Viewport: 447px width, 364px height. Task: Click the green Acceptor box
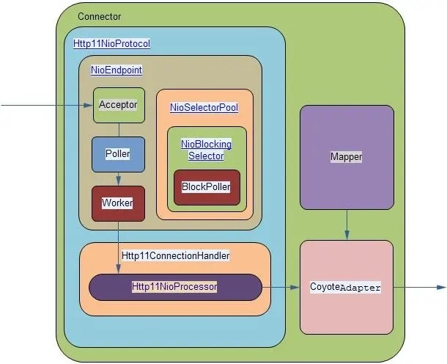118,105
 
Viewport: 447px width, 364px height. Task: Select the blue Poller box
118,154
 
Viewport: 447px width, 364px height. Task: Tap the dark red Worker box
118,203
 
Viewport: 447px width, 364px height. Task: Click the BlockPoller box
207,187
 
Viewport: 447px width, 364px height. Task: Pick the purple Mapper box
347,157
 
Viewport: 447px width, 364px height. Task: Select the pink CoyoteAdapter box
347,287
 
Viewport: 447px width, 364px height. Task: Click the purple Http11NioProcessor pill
175,287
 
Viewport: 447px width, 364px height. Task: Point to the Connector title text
99,16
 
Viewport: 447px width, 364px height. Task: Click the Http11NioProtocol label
111,43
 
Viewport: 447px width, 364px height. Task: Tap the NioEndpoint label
116,70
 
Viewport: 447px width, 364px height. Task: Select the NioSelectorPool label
204,107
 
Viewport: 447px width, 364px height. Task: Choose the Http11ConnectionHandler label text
176,256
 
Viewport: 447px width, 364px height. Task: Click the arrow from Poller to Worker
118,179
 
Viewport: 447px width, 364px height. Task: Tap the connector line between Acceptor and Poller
118,129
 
